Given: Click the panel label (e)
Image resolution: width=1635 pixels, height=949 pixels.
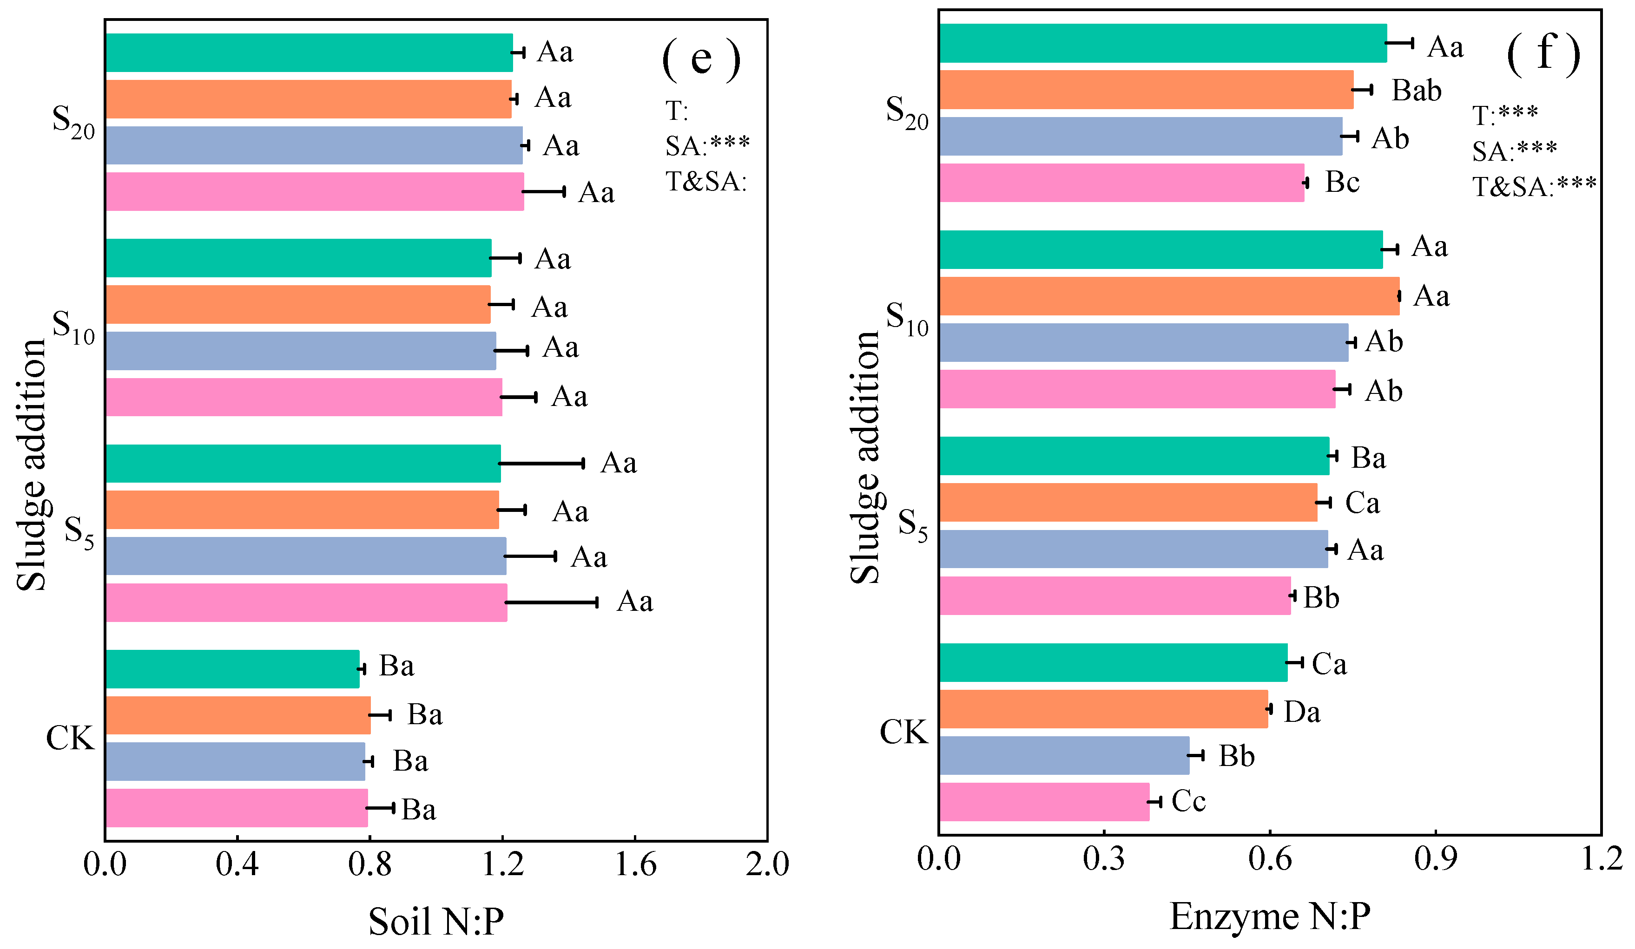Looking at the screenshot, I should click(701, 59).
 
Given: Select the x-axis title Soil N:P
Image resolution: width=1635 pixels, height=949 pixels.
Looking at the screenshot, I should click(436, 921).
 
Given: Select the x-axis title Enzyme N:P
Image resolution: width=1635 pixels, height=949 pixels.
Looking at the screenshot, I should click(1270, 916).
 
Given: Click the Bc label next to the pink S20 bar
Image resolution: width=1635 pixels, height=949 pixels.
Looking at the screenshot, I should click(1342, 182).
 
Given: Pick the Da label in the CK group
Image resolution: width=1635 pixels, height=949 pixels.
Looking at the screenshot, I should click(1301, 712).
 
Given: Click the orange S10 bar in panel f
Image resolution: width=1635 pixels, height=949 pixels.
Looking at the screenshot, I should click(1168, 296).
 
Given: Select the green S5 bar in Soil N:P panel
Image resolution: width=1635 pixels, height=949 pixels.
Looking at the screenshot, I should click(303, 463).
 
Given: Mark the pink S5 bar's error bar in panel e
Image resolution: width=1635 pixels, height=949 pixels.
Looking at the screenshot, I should click(552, 602).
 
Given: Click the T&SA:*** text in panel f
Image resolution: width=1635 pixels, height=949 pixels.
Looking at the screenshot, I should click(1534, 187).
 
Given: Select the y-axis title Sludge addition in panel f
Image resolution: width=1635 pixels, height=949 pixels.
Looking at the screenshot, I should click(865, 457).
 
